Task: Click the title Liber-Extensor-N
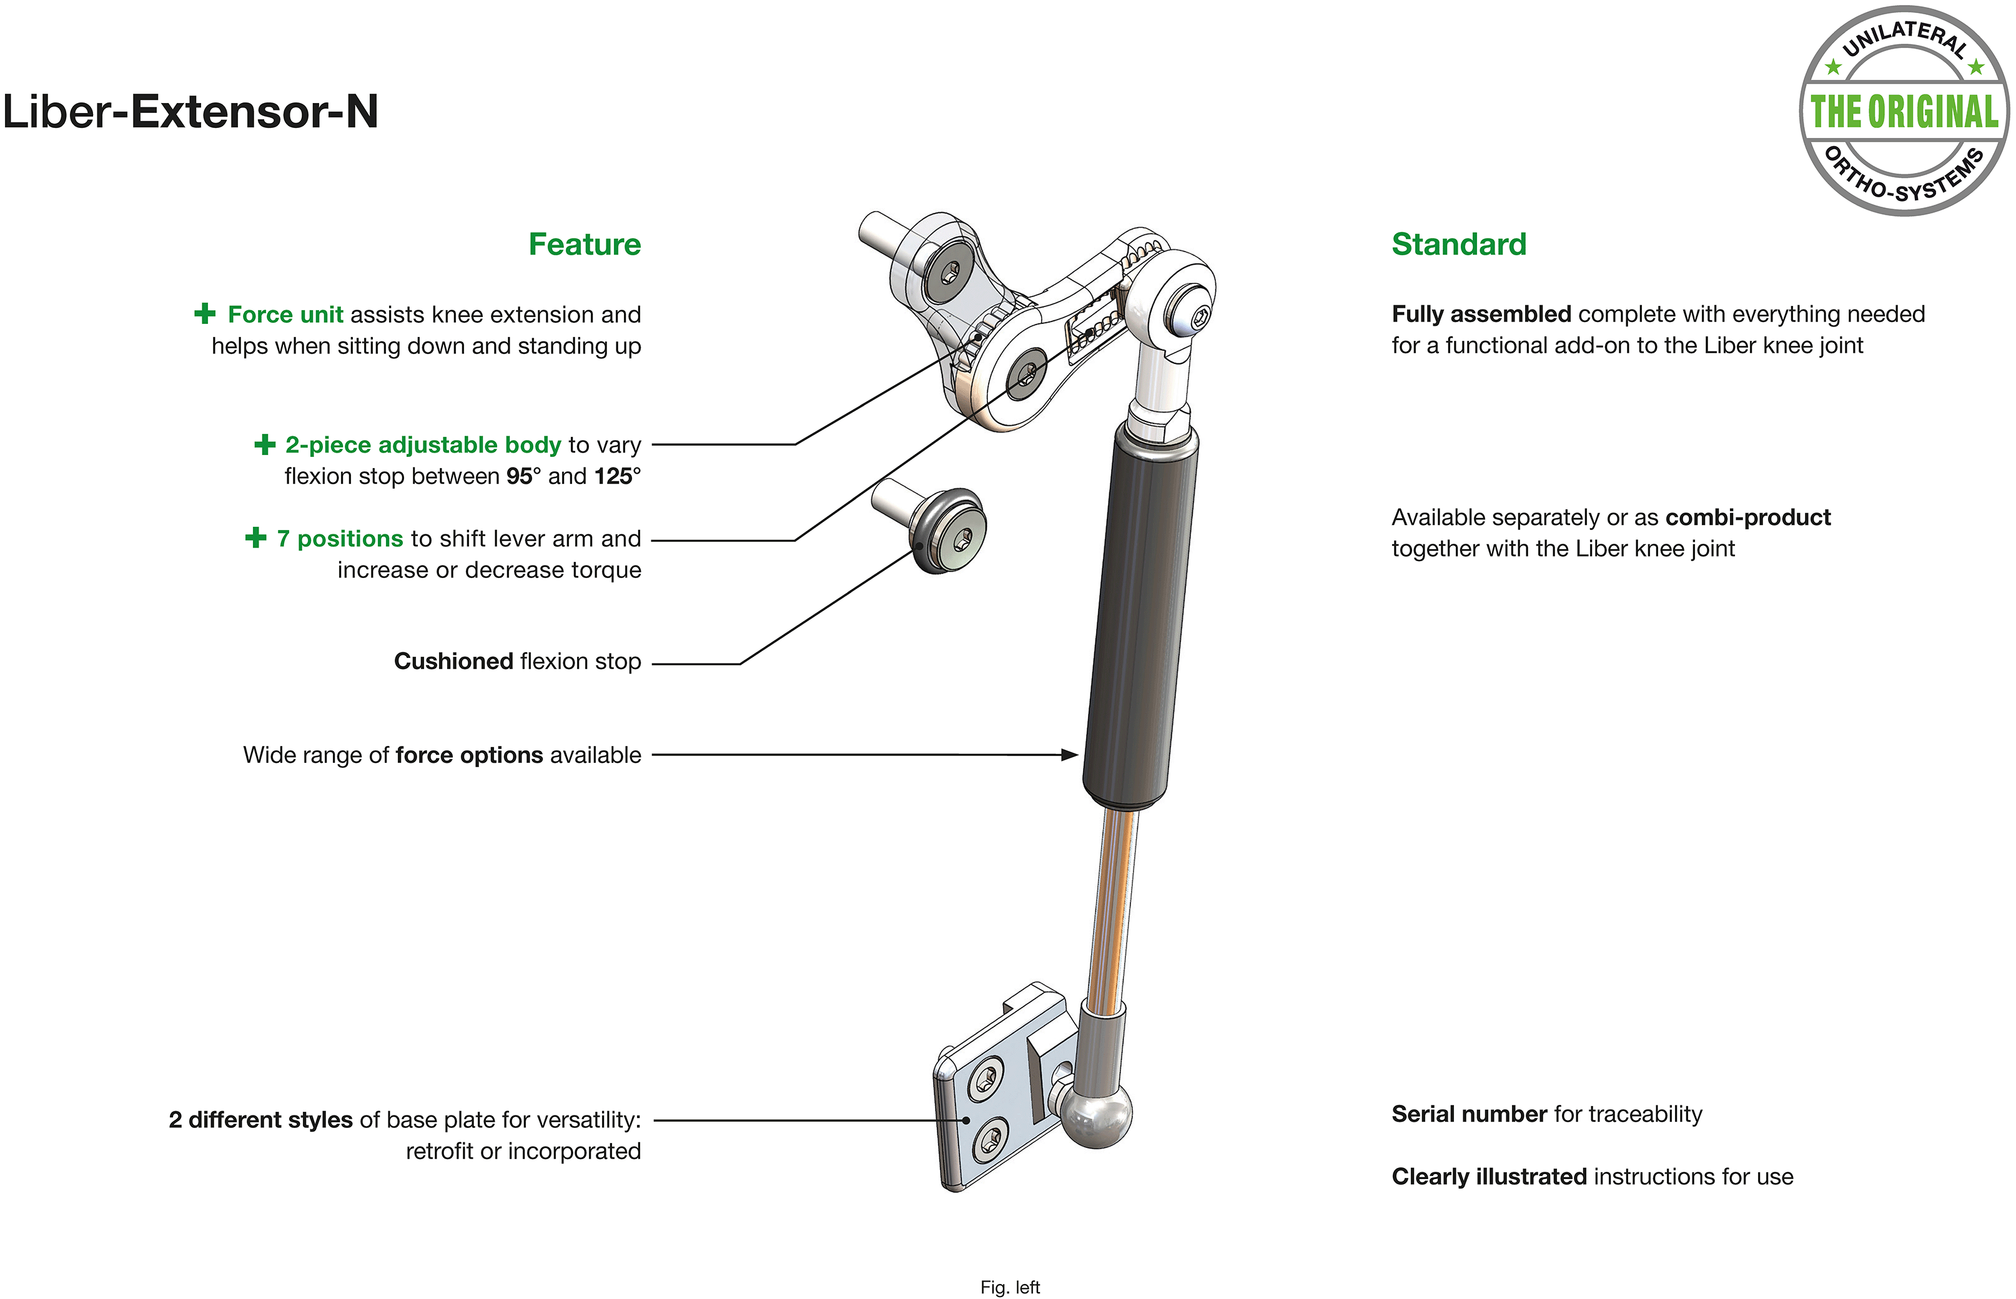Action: (190, 111)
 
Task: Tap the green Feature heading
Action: (585, 244)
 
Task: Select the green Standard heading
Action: (1459, 244)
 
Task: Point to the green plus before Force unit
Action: (205, 314)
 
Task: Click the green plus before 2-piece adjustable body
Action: (265, 444)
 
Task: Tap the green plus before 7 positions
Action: (255, 537)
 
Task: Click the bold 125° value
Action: (617, 476)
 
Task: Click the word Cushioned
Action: (454, 661)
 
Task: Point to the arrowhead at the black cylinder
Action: (1070, 755)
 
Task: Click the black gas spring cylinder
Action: (1141, 615)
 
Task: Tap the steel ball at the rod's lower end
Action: (1096, 1114)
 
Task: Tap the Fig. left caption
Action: (1010, 1287)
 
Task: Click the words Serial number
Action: (1469, 1114)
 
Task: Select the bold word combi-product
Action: (1747, 517)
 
